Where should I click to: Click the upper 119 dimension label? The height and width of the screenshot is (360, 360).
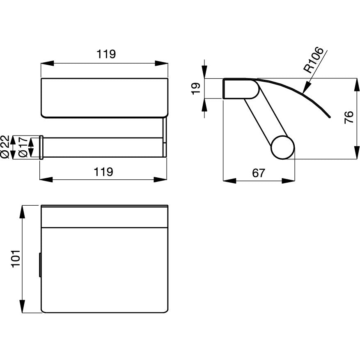click(106, 54)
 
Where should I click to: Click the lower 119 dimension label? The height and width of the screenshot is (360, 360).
click(103, 172)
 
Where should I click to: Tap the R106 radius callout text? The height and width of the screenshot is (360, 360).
click(313, 60)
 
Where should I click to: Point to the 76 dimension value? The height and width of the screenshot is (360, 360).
click(349, 117)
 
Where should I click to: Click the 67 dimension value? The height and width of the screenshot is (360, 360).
click(259, 173)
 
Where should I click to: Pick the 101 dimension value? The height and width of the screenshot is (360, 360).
click(16, 259)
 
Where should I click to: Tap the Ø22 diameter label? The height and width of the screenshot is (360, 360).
click(5, 147)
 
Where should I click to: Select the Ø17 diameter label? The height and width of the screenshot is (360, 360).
click(23, 147)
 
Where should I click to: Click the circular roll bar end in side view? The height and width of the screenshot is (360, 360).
click(283, 147)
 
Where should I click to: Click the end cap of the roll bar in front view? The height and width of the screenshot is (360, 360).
click(41, 147)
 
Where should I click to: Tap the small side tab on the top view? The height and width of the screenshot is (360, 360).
click(40, 265)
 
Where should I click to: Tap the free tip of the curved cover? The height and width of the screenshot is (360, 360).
click(330, 117)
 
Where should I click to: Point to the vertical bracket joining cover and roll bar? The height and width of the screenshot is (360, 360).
click(165, 137)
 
